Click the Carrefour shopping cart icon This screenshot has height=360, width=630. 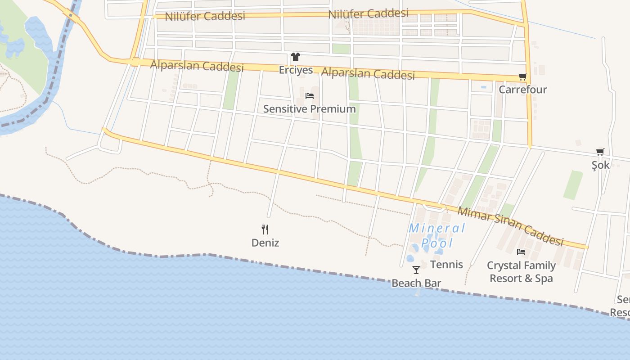(x=522, y=77)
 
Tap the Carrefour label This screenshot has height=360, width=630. (x=522, y=90)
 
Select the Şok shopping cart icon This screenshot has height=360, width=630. (x=600, y=152)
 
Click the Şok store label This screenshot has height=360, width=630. (x=600, y=165)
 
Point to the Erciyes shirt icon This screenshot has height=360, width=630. (x=295, y=57)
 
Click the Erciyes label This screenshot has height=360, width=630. (x=296, y=70)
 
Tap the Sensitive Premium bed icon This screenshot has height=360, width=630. (x=310, y=95)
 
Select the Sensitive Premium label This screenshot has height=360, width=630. (x=309, y=109)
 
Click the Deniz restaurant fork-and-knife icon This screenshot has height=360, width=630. (x=265, y=229)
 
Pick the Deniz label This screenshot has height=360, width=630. (x=265, y=243)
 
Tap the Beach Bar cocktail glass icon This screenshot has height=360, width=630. (x=416, y=270)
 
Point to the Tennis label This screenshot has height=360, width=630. (x=446, y=265)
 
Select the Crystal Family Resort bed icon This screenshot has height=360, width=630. (x=521, y=252)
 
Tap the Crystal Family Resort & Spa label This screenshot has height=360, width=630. (x=521, y=272)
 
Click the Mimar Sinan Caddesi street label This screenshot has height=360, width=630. (x=510, y=226)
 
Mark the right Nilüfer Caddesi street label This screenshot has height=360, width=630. (x=368, y=14)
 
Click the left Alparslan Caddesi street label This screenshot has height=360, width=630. (x=197, y=66)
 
